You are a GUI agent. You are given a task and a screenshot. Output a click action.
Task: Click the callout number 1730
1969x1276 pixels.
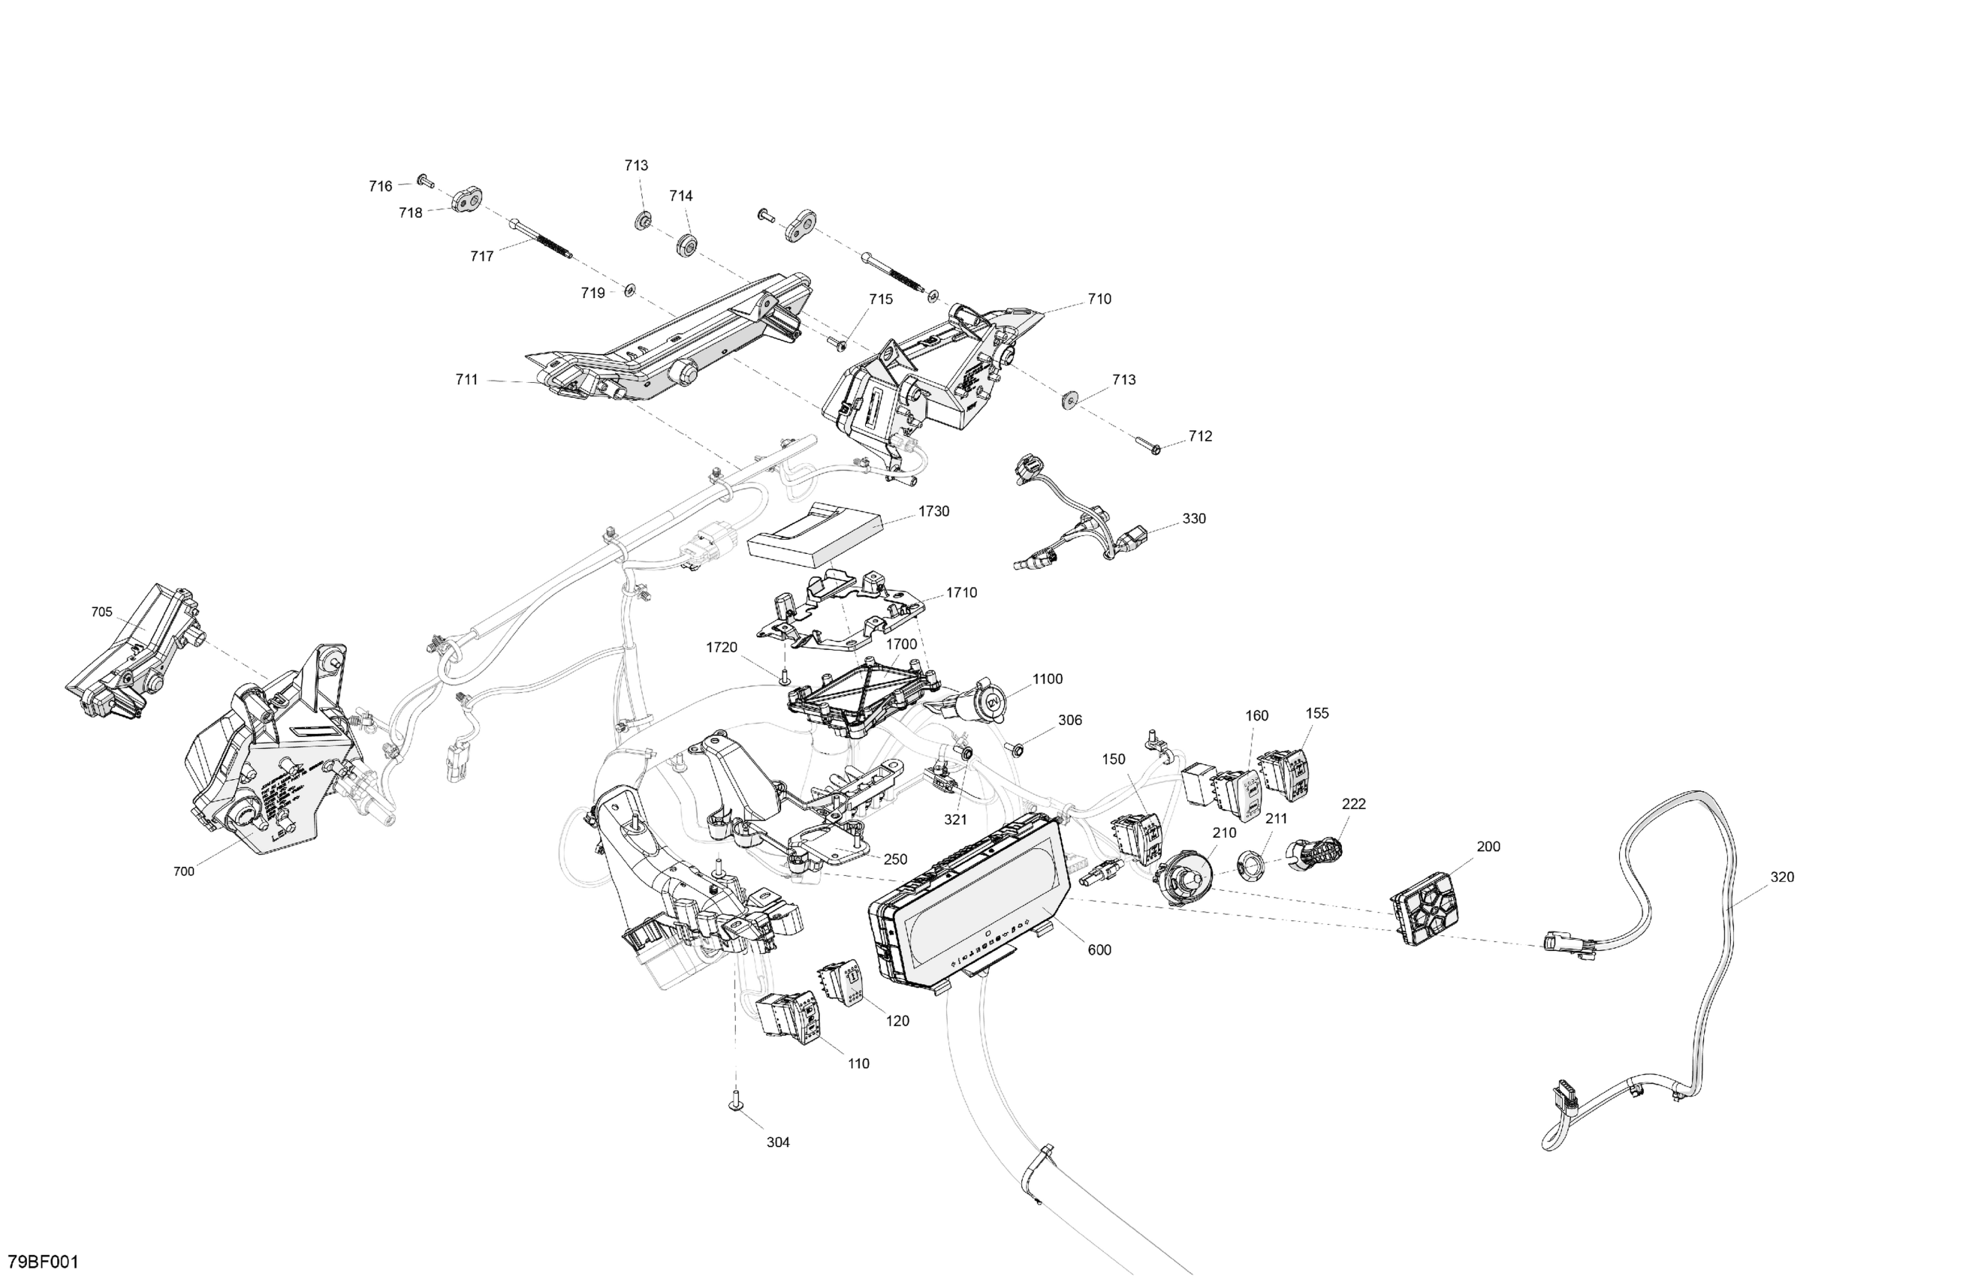point(933,511)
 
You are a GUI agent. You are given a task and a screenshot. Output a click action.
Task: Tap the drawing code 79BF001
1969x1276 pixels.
point(43,1262)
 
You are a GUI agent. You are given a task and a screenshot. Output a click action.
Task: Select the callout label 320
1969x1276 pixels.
point(1782,877)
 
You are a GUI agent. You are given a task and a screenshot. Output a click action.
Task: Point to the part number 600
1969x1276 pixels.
point(1099,950)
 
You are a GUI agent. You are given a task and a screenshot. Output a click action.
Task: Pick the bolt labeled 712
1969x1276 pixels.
point(1148,446)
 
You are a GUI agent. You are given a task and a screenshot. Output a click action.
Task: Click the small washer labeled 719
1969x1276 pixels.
point(629,290)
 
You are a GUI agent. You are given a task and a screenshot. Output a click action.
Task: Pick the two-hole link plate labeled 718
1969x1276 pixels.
point(467,201)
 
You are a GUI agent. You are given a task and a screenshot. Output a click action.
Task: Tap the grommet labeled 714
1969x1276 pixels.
point(686,245)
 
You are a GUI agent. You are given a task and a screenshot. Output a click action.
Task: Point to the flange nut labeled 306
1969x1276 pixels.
point(1015,748)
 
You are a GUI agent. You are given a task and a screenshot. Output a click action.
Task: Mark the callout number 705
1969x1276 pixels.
point(102,612)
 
